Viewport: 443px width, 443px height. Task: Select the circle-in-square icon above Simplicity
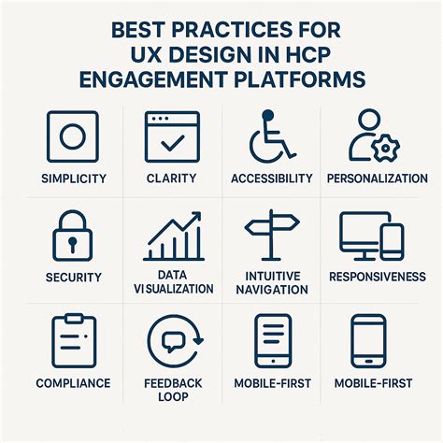pos(71,136)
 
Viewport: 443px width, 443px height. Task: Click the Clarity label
pos(172,179)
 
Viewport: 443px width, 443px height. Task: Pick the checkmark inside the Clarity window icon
pos(173,142)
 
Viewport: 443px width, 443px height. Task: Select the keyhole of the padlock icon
pos(71,244)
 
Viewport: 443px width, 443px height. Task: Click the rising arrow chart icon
pos(173,236)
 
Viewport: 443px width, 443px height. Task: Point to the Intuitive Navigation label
pos(271,283)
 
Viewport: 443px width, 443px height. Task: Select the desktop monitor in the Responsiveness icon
pos(360,234)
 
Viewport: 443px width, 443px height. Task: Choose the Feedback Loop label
pos(172,390)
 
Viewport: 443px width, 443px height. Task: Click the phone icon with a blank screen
pos(370,339)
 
